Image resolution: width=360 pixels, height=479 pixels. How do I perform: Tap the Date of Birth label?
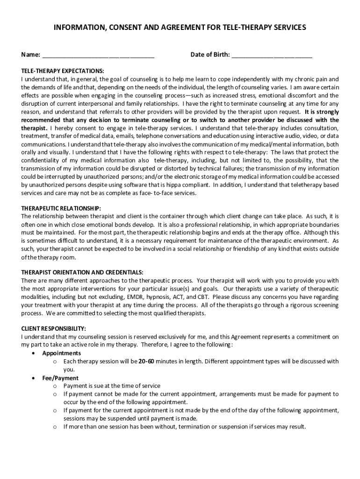[210, 55]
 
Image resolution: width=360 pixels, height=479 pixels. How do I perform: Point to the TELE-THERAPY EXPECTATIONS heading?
[63, 71]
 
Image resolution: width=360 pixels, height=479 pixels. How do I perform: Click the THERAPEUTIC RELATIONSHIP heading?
[61, 208]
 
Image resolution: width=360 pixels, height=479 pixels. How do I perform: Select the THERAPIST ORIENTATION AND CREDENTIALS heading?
[82, 272]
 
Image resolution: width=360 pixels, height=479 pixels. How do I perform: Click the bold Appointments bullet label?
[61, 353]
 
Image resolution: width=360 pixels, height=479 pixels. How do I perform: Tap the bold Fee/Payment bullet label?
[60, 378]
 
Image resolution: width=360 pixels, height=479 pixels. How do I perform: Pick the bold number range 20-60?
[146, 362]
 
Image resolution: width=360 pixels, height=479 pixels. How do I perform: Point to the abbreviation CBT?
[202, 297]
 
